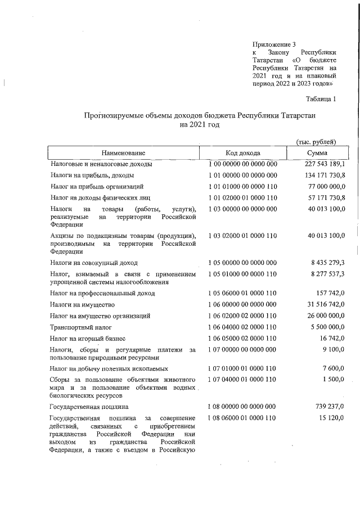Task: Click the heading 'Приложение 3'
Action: [x=274, y=44]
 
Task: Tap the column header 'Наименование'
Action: [x=124, y=153]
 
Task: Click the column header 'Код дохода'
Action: [x=243, y=153]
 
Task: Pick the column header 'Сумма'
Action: [x=318, y=153]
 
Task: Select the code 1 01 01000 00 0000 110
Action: [x=243, y=186]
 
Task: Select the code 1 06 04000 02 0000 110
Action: [x=243, y=327]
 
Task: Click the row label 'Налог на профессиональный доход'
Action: [x=102, y=293]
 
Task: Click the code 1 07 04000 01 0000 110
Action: [x=243, y=380]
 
